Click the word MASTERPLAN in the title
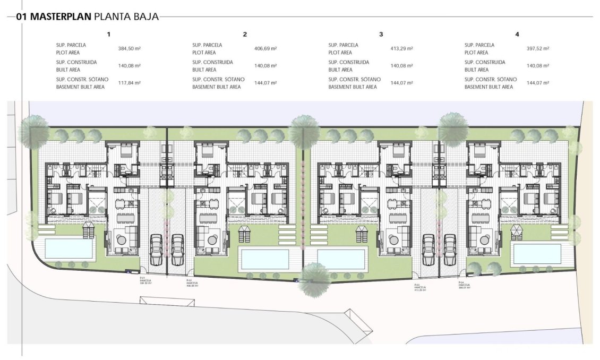click(61, 16)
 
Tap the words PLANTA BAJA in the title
click(126, 16)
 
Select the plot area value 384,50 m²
click(129, 48)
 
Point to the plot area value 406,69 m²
click(266, 48)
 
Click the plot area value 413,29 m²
click(401, 48)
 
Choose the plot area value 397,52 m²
click(538, 48)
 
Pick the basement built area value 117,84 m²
click(129, 83)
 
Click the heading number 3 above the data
click(381, 35)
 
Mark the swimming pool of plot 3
click(340, 259)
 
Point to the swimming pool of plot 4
click(537, 253)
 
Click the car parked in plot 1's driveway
click(156, 249)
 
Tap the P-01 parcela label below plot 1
click(143, 280)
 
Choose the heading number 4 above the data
click(517, 35)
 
